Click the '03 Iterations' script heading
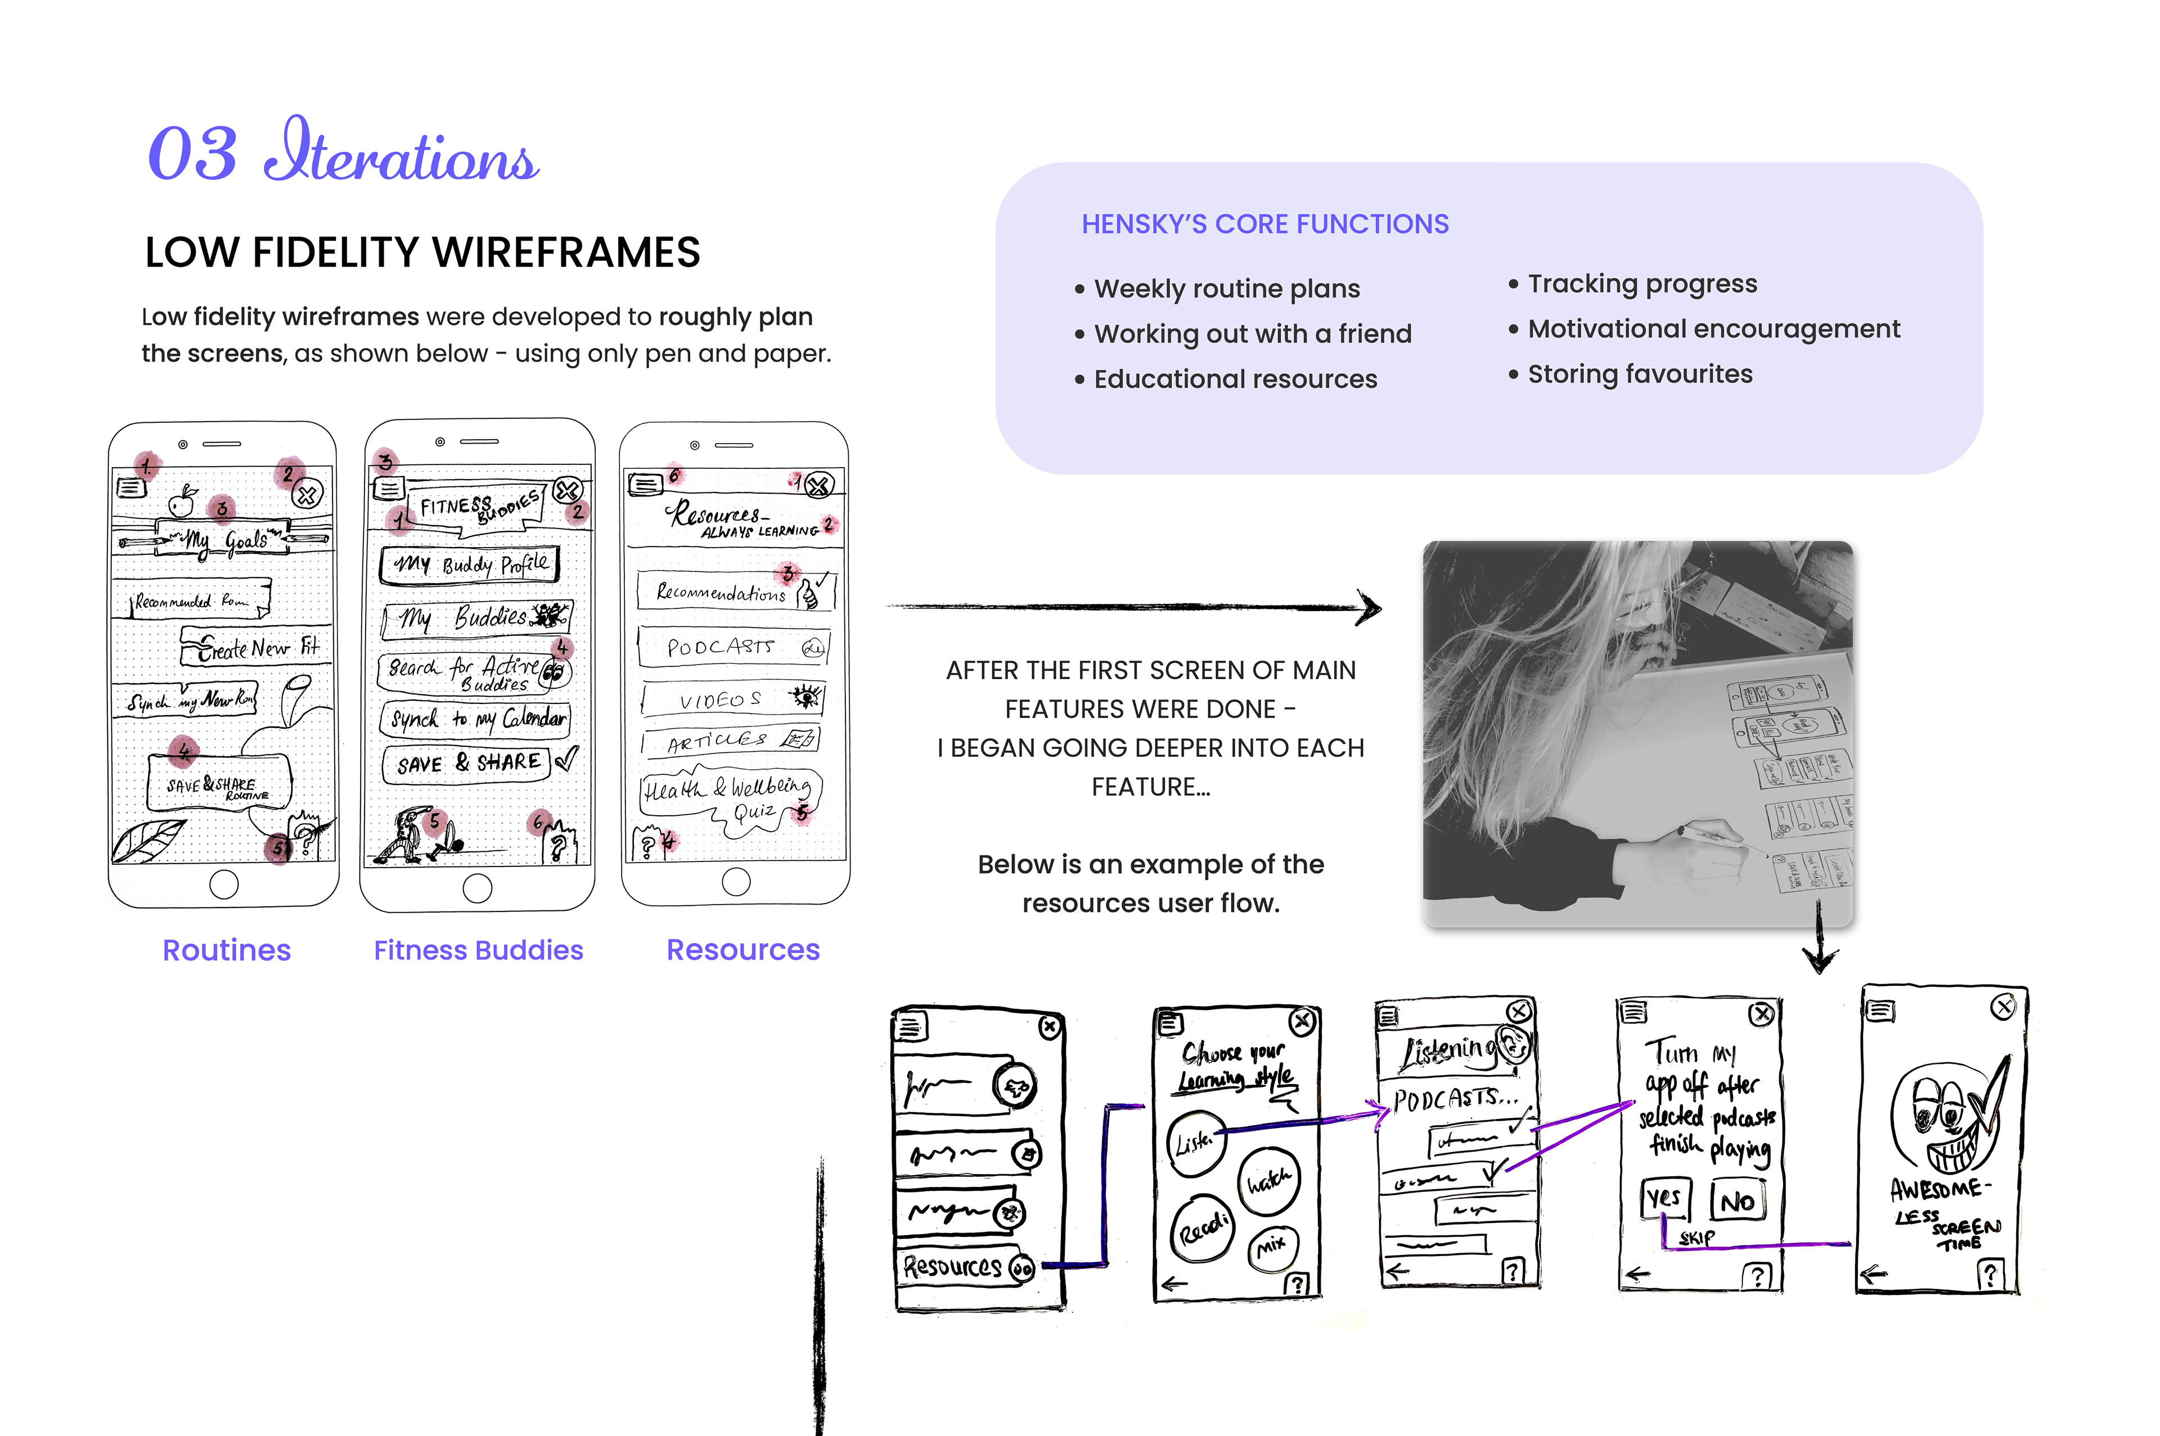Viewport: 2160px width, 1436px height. coord(344,152)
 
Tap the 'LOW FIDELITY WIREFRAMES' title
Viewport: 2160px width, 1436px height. coord(422,253)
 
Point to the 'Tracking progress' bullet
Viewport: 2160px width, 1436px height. coord(1641,284)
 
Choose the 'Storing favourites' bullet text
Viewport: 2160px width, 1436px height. coord(1640,374)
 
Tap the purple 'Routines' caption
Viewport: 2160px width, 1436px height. coord(226,950)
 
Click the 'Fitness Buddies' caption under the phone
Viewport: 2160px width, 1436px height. coord(478,950)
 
